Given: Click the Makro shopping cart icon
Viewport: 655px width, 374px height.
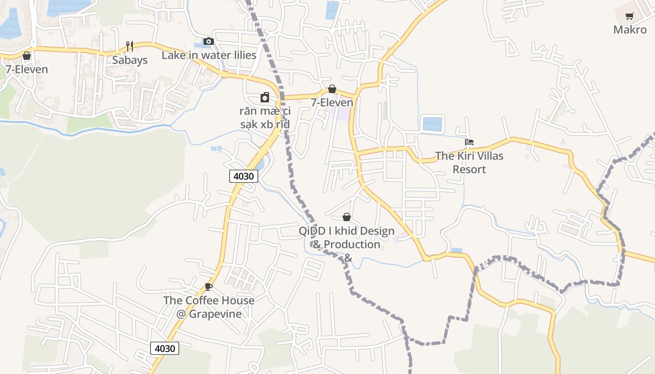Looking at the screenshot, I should coord(630,16).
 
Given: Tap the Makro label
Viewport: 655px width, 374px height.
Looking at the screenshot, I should coord(630,30).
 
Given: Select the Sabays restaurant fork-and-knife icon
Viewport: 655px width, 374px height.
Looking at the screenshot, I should coord(130,46).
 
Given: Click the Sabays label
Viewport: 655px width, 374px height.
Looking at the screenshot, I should coord(130,60).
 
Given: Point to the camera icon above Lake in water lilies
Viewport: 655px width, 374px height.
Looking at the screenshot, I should coord(209,41).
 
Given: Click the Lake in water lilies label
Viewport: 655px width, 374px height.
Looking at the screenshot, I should coord(209,55).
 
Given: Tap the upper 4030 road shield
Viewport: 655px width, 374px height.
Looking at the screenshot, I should coord(244,176).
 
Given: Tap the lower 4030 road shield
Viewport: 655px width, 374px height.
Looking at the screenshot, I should coord(165,348).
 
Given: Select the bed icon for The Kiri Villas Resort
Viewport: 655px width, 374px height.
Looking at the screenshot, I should coord(469,142).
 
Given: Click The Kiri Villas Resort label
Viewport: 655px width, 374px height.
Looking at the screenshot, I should coord(469,162).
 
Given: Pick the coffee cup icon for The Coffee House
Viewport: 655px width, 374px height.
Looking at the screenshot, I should coord(209,287).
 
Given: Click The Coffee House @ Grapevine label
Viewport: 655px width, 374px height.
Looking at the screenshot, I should coord(209,307).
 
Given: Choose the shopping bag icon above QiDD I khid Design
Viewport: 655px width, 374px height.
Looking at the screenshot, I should coord(347,217).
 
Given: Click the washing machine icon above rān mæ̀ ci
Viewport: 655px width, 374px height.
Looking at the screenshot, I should coord(265,97).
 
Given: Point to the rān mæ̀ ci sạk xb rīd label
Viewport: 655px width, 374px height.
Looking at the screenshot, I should coord(265,118).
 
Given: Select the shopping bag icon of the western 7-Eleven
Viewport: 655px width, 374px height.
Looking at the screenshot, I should coord(27,56).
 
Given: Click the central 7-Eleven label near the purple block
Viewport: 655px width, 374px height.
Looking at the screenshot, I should coord(332,102).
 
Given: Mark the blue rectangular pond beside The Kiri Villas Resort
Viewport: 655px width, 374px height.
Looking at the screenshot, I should coord(432,124).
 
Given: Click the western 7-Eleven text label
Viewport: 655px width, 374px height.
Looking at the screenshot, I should coord(27,70).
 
